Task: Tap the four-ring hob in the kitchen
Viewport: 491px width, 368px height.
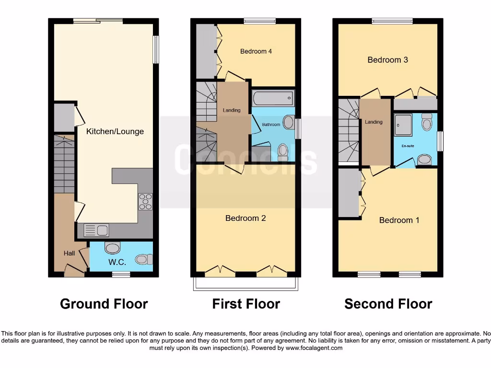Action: pos(145,201)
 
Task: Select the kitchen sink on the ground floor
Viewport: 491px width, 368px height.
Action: pos(96,230)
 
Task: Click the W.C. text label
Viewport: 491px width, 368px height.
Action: pos(117,262)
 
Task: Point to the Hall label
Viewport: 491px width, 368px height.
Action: pos(70,253)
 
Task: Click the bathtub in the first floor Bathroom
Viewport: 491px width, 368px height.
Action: pos(272,99)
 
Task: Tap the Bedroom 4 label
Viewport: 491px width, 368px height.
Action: pos(256,51)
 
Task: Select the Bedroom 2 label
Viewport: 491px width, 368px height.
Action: pos(245,218)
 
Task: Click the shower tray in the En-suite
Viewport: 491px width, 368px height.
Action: pos(403,126)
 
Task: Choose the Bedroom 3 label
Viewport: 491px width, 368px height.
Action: pos(387,60)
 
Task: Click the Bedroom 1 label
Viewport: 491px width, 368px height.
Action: pos(399,220)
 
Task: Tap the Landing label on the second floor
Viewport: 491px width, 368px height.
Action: pos(374,122)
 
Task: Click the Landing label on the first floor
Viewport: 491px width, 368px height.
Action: pos(232,110)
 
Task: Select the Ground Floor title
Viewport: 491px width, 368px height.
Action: pos(104,304)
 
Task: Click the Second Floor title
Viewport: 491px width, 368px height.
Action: pos(388,304)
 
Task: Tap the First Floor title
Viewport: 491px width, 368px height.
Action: pos(246,304)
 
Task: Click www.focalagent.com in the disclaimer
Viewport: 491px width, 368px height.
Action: pos(315,348)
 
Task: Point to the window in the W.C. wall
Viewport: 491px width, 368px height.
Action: pos(121,274)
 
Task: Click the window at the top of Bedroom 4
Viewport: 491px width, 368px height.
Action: pos(259,21)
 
